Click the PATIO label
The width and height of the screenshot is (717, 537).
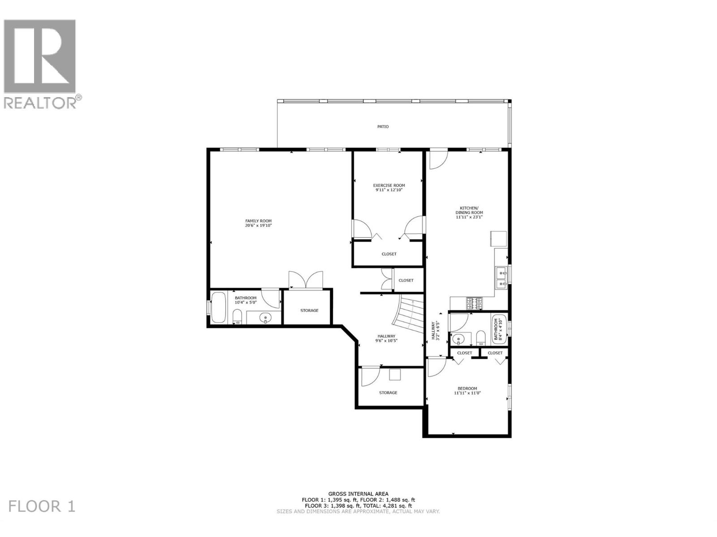tap(383, 127)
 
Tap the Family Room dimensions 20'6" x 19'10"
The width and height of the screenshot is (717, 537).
tap(258, 226)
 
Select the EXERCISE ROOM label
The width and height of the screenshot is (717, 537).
tap(389, 185)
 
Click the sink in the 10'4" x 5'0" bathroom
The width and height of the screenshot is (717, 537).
tap(266, 318)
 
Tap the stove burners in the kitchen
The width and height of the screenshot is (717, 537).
tap(475, 303)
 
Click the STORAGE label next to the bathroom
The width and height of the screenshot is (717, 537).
tap(309, 311)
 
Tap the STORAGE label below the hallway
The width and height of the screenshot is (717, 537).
tap(388, 393)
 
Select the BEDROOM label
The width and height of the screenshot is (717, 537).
tap(467, 388)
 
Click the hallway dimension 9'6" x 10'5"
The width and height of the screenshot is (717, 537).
tap(386, 341)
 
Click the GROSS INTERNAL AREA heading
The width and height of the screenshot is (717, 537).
tap(358, 494)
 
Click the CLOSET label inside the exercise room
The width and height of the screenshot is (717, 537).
tap(389, 254)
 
